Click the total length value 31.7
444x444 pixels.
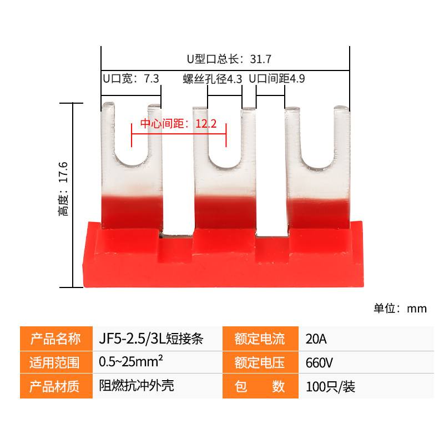tap(260, 59)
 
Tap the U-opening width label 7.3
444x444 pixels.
tap(152, 79)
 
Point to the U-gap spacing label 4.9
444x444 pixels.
tap(297, 79)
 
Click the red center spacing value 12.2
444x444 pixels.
tap(206, 124)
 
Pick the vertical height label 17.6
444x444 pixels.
tap(63, 172)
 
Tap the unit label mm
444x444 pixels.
tap(417, 309)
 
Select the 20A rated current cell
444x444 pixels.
tap(366, 339)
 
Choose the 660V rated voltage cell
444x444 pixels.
tap(366, 362)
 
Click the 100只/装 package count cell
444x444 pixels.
tap(366, 386)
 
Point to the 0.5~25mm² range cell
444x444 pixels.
tap(158, 362)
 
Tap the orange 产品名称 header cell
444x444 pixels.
tap(57, 339)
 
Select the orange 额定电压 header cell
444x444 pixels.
tap(260, 362)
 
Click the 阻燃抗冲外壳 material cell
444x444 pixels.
tap(158, 386)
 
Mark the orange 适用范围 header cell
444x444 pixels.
tap(57, 362)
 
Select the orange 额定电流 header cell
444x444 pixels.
tap(260, 339)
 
